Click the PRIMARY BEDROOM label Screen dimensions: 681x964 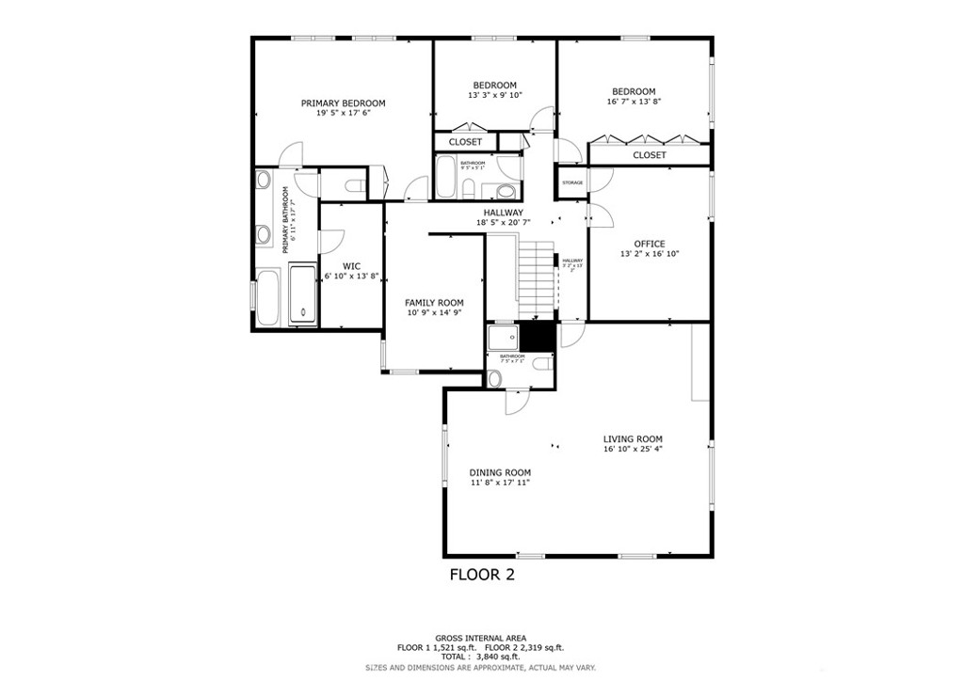pyautogui.click(x=343, y=103)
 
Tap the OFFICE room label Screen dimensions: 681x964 pyautogui.click(x=649, y=244)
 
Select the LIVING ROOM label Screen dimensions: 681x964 pyautogui.click(x=633, y=439)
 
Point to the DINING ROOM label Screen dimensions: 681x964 pyautogui.click(x=500, y=473)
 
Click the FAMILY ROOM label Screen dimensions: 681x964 pyautogui.click(x=434, y=303)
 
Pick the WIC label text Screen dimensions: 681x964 pyautogui.click(x=351, y=266)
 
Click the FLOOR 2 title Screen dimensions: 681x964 pyautogui.click(x=482, y=574)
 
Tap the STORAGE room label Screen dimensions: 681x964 pyautogui.click(x=572, y=182)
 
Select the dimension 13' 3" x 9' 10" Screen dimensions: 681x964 pyautogui.click(x=494, y=96)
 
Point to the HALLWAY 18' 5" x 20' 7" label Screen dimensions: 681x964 pyautogui.click(x=504, y=217)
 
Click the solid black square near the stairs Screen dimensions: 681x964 pyautogui.click(x=537, y=336)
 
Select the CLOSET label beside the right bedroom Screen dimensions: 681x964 pyautogui.click(x=649, y=155)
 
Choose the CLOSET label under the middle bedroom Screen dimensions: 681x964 pyautogui.click(x=465, y=142)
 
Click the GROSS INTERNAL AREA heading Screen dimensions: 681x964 pyautogui.click(x=480, y=637)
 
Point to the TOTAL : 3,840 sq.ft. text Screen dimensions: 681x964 pyautogui.click(x=480, y=657)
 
